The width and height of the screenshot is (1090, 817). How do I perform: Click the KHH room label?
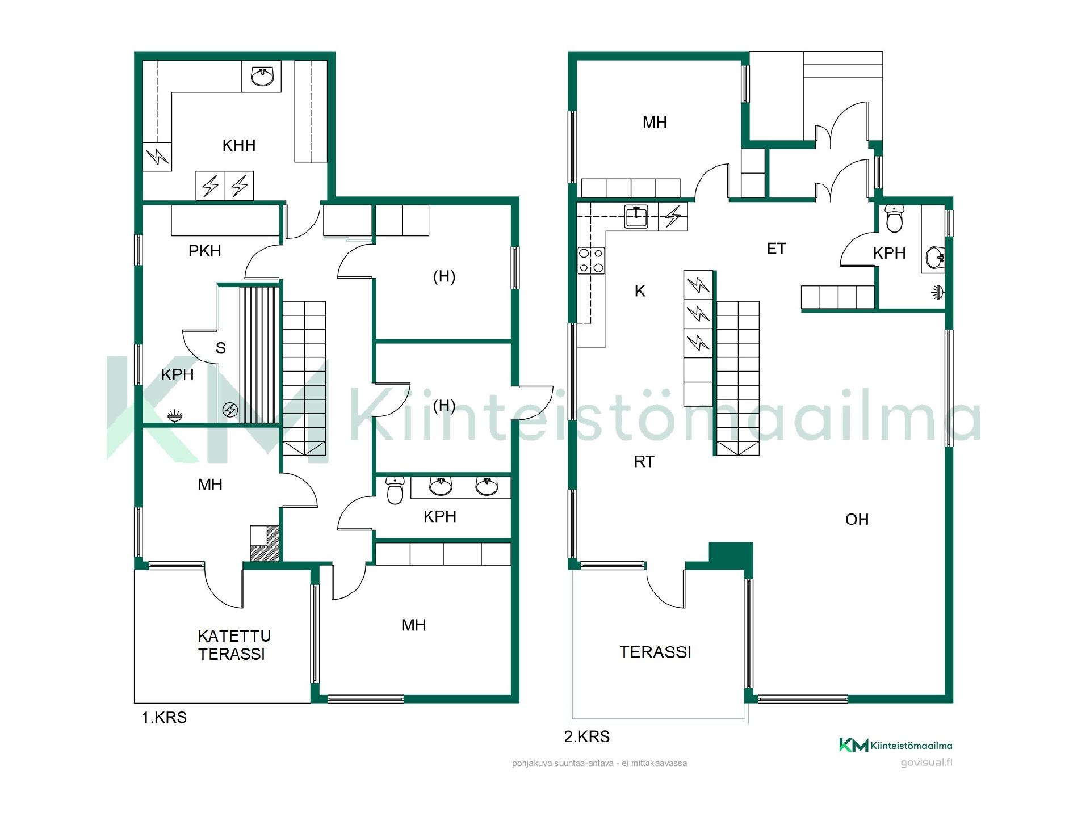coord(239,146)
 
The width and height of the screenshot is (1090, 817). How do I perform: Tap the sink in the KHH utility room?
coord(262,76)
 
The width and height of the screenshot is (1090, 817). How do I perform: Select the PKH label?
coord(204,251)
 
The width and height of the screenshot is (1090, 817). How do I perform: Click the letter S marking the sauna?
coord(221,348)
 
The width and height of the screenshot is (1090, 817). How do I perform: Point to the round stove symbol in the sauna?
coord(230,409)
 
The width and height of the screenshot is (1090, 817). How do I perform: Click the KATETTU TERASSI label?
coord(234,645)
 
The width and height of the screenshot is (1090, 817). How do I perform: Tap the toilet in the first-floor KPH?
coord(395,490)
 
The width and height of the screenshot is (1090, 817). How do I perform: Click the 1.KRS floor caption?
coord(164,718)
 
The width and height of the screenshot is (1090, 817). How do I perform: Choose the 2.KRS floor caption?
coord(587,737)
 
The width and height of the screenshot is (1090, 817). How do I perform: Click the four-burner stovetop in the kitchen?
coord(591,261)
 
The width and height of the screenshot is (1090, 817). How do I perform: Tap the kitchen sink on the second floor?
coord(636,216)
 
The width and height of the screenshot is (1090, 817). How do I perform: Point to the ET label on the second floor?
coord(776,249)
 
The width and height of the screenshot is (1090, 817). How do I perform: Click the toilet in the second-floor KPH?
coord(894,218)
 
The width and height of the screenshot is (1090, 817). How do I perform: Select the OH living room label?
coord(857,520)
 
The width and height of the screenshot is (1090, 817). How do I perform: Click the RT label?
coord(644,462)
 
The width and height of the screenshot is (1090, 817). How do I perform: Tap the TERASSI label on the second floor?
coord(655,652)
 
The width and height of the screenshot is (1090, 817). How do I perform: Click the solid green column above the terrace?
coord(731,555)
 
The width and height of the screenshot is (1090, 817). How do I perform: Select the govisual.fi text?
coord(927,763)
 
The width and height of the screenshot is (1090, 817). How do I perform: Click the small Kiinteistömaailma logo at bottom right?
coord(896,746)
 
